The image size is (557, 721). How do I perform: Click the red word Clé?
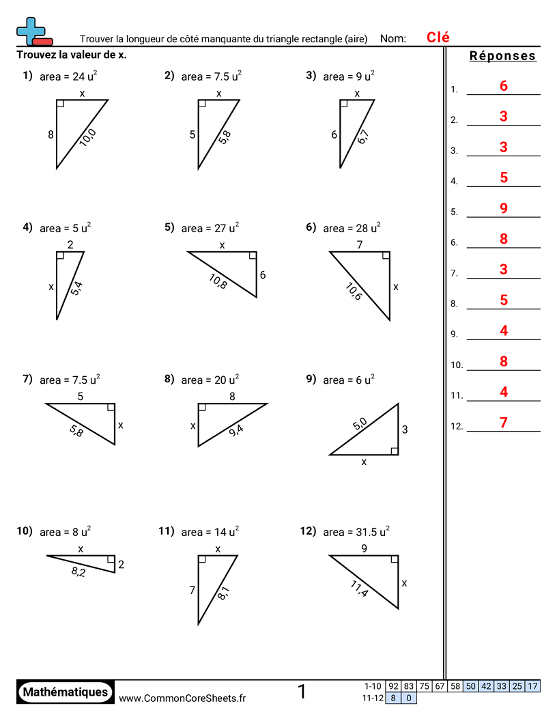point(438,38)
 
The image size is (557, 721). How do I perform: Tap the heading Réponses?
point(502,57)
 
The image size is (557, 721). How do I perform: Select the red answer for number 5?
point(504,208)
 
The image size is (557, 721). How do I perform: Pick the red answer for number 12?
point(504,423)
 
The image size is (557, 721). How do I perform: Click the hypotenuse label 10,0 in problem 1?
point(87,138)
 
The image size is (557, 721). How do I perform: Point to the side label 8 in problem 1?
point(51,135)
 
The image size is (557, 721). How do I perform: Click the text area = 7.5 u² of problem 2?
point(211,76)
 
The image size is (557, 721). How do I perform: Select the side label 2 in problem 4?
point(70,244)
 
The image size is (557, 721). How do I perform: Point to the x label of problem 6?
point(396,287)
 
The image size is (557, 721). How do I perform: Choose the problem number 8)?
point(170,379)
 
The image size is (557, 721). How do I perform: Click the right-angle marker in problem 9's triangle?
point(394,450)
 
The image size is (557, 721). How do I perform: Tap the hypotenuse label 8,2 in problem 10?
point(78,572)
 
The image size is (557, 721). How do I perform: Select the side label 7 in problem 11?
point(192,589)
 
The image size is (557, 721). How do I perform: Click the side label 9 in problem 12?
point(364,548)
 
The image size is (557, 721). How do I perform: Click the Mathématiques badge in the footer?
point(66,692)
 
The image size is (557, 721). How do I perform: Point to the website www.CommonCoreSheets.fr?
point(182,698)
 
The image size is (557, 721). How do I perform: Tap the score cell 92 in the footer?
point(393,686)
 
